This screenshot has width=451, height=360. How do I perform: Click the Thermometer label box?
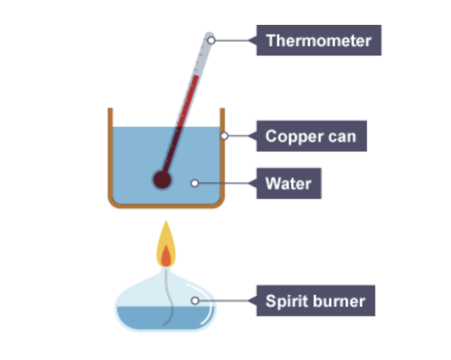(318, 40)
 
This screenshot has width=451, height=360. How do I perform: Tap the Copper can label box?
(311, 136)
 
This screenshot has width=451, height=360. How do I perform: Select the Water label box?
(288, 183)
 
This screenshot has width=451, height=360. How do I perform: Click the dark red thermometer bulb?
(162, 179)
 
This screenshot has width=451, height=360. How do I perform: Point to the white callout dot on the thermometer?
(211, 40)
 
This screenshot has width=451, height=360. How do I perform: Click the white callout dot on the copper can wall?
(224, 136)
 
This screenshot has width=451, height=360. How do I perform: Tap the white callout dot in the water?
(194, 183)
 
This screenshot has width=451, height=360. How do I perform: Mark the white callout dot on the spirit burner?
(194, 301)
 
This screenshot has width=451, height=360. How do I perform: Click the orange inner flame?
(166, 256)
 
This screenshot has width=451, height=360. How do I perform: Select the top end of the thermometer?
(210, 37)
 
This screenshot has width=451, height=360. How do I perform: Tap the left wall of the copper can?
(110, 154)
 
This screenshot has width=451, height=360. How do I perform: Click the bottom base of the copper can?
(166, 205)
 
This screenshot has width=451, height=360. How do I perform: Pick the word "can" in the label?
(343, 136)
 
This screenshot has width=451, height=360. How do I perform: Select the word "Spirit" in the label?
(284, 301)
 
